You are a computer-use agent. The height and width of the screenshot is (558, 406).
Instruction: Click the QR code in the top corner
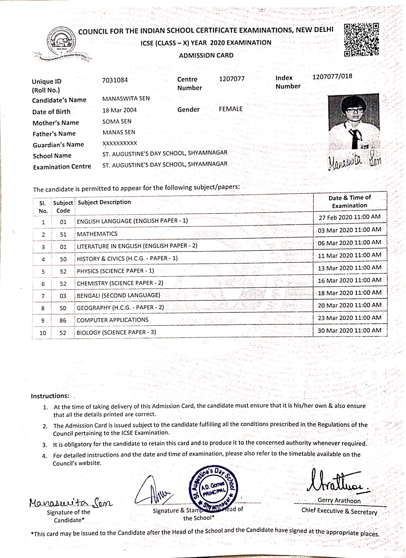tap(361, 40)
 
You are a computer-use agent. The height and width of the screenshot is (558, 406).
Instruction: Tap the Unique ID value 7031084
tap(115, 80)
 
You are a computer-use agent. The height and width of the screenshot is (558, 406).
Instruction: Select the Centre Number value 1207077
tap(232, 79)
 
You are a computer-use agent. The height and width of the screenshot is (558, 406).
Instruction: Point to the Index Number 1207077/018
tap(332, 76)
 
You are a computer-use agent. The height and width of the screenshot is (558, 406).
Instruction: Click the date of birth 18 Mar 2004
tap(119, 110)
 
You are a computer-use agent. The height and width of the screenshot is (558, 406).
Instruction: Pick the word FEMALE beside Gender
tap(231, 109)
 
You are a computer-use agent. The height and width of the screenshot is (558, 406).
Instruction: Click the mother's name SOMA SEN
tap(117, 121)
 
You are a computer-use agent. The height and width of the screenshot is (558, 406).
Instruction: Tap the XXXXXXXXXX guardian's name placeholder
tap(120, 143)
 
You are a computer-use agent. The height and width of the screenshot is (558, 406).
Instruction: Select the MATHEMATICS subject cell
tap(97, 234)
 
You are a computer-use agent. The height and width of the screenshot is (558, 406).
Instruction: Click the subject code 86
tap(63, 320)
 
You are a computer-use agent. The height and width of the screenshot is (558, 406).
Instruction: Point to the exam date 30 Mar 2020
tap(349, 330)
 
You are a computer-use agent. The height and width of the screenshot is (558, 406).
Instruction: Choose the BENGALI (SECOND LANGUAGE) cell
tap(118, 295)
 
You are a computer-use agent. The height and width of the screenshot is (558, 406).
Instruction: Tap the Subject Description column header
tap(104, 202)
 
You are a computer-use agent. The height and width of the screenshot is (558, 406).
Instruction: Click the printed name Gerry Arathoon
tap(339, 501)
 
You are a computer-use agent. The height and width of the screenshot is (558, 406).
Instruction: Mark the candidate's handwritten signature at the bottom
tap(70, 502)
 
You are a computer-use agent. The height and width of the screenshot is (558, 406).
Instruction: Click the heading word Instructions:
tap(50, 396)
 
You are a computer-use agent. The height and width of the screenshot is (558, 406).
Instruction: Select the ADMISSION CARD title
tap(206, 55)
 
